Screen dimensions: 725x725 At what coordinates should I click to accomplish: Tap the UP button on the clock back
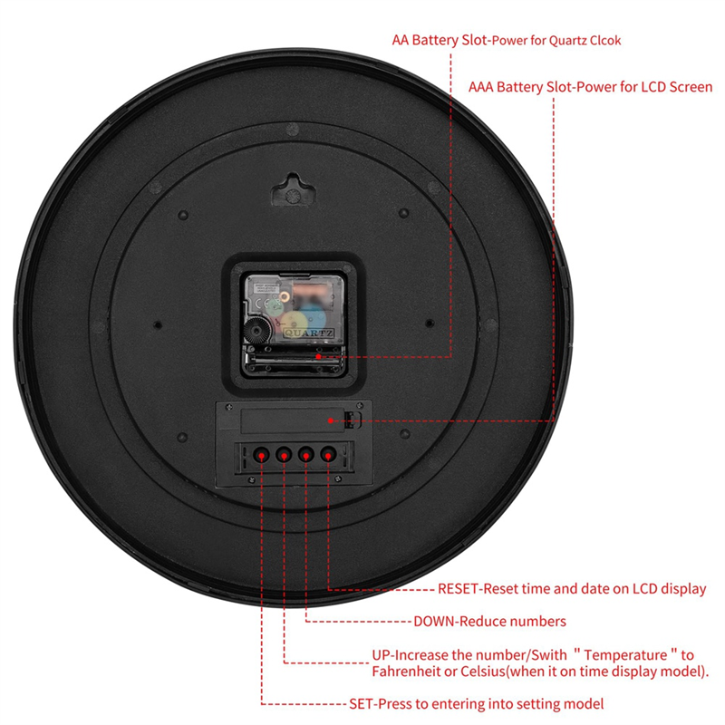284,454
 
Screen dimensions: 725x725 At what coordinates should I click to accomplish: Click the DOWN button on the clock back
306,454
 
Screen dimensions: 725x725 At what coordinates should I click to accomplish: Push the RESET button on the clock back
328,454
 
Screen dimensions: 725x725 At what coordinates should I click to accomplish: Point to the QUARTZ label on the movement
308,333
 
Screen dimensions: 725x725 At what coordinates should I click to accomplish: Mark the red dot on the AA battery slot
319,357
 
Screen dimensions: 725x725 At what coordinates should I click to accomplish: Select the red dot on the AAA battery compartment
346,420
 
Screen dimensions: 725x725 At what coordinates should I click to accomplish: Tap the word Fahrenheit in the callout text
413,672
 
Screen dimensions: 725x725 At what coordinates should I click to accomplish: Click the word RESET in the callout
459,589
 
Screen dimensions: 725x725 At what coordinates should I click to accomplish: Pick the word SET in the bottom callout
362,704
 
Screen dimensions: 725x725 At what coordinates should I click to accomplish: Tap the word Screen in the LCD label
688,88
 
